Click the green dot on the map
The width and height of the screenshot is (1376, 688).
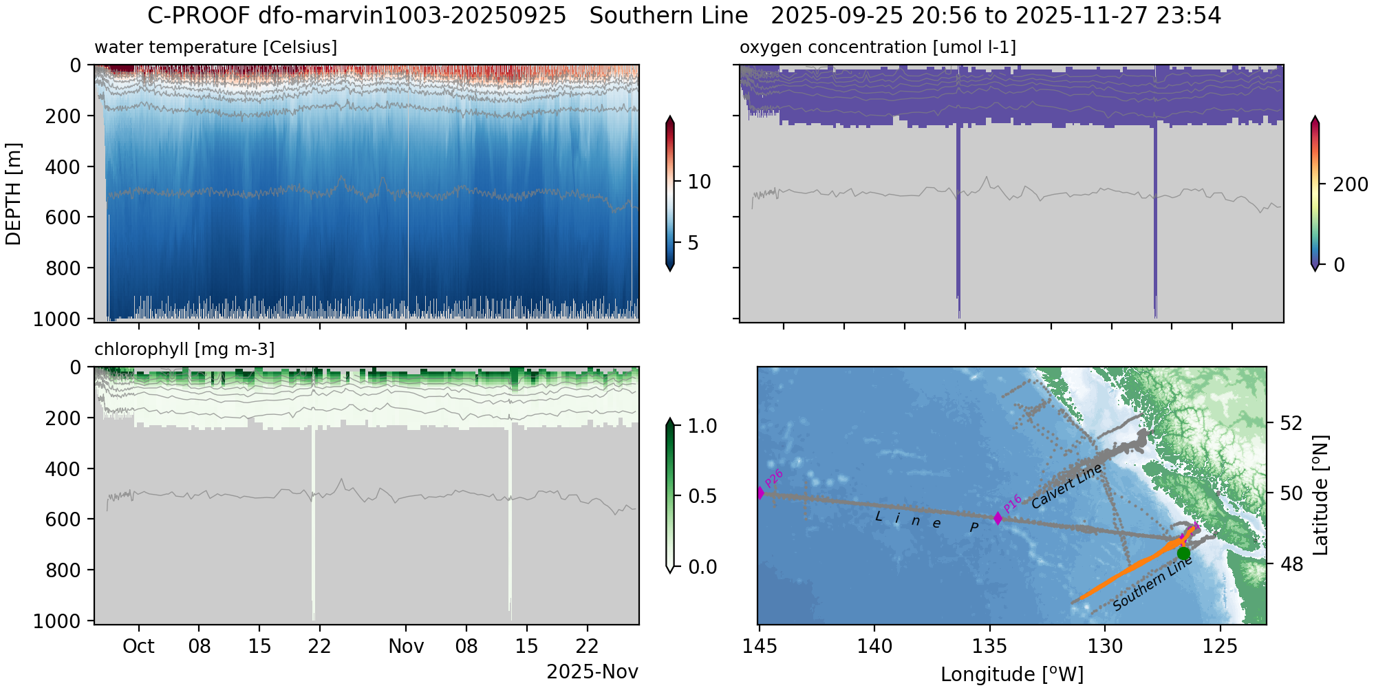coord(1183,553)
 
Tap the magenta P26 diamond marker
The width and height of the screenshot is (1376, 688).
coord(760,493)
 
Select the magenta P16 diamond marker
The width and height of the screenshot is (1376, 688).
coord(998,518)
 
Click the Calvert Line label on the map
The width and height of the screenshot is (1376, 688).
coord(1066,486)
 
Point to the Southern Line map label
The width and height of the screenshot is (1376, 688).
coord(1152,583)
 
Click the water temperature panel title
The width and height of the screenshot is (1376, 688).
coord(215,47)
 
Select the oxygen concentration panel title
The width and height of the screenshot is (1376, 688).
coord(877,47)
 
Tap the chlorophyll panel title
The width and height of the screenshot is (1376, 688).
coord(184,350)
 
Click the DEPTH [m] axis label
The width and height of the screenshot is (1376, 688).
coord(13,194)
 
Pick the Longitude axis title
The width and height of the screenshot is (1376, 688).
coord(1012,674)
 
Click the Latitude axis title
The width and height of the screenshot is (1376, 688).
coord(1320,495)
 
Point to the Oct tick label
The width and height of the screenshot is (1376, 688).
coord(139,647)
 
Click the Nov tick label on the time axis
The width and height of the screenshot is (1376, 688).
coord(406,647)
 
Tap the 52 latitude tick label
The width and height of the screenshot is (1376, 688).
coord(1292,422)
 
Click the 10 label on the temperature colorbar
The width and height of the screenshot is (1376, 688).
coord(699,182)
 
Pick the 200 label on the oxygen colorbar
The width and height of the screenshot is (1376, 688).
coord(1351,184)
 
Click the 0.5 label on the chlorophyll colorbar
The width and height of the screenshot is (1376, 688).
coord(702,497)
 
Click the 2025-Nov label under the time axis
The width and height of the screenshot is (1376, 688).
coord(592,672)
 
